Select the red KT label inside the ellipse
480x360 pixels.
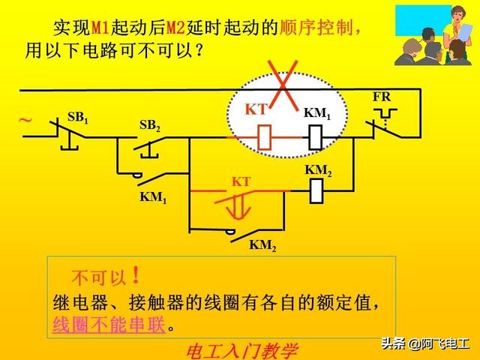(256, 109)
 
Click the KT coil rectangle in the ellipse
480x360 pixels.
(264, 137)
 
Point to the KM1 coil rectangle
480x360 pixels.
(316, 137)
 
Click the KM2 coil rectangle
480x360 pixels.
(316, 191)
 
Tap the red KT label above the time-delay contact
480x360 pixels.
(240, 182)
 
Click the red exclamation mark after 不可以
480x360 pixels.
(135, 276)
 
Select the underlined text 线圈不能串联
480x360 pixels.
(109, 325)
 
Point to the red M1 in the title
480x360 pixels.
(100, 28)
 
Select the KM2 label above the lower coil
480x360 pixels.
(318, 170)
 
